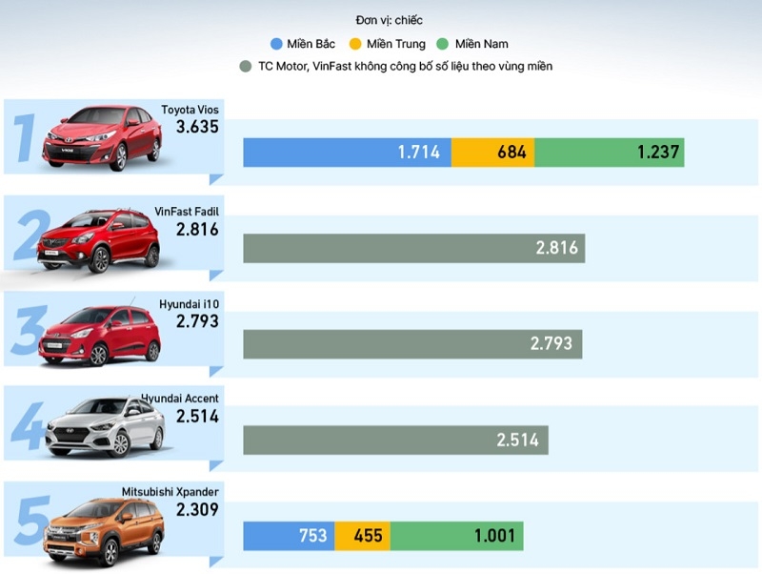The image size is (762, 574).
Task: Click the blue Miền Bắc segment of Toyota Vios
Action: (347, 153)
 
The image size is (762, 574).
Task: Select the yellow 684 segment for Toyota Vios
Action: (492, 153)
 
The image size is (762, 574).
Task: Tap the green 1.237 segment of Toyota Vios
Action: (609, 153)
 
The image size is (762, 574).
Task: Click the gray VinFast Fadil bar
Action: (413, 248)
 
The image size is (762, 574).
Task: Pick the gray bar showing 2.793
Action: (412, 343)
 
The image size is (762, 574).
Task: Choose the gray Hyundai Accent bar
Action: (395, 440)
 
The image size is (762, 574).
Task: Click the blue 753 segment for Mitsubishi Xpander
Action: (289, 535)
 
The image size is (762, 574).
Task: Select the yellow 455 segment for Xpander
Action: (362, 535)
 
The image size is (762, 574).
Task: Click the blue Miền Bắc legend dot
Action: (276, 44)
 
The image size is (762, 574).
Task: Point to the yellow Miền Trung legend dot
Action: (355, 44)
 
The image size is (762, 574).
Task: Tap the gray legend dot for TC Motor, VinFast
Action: (247, 67)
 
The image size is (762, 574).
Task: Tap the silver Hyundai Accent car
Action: (104, 429)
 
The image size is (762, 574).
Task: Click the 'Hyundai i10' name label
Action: (189, 303)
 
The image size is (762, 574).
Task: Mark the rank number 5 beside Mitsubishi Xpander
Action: (33, 520)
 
